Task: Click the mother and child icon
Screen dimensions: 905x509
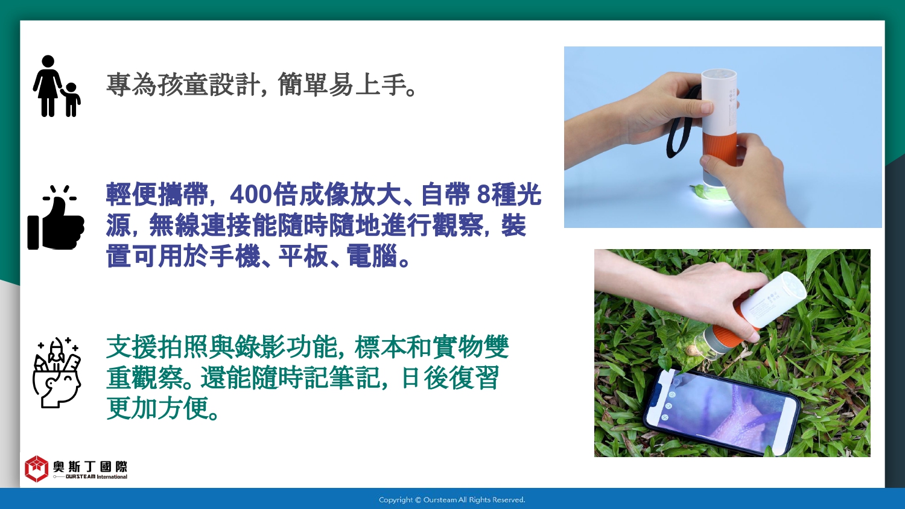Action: tap(57, 86)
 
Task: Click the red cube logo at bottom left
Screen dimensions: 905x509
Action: tap(36, 469)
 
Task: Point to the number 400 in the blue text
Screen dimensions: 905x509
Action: tap(250, 195)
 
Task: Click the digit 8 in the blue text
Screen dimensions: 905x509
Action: tap(483, 195)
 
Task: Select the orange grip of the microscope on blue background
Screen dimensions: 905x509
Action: tap(720, 149)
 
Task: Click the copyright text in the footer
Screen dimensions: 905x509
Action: tap(452, 500)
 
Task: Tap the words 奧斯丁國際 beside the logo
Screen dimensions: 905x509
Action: tap(90, 467)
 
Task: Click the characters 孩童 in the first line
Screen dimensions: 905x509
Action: tap(183, 84)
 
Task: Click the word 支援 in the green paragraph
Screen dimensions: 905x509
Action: tap(132, 347)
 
